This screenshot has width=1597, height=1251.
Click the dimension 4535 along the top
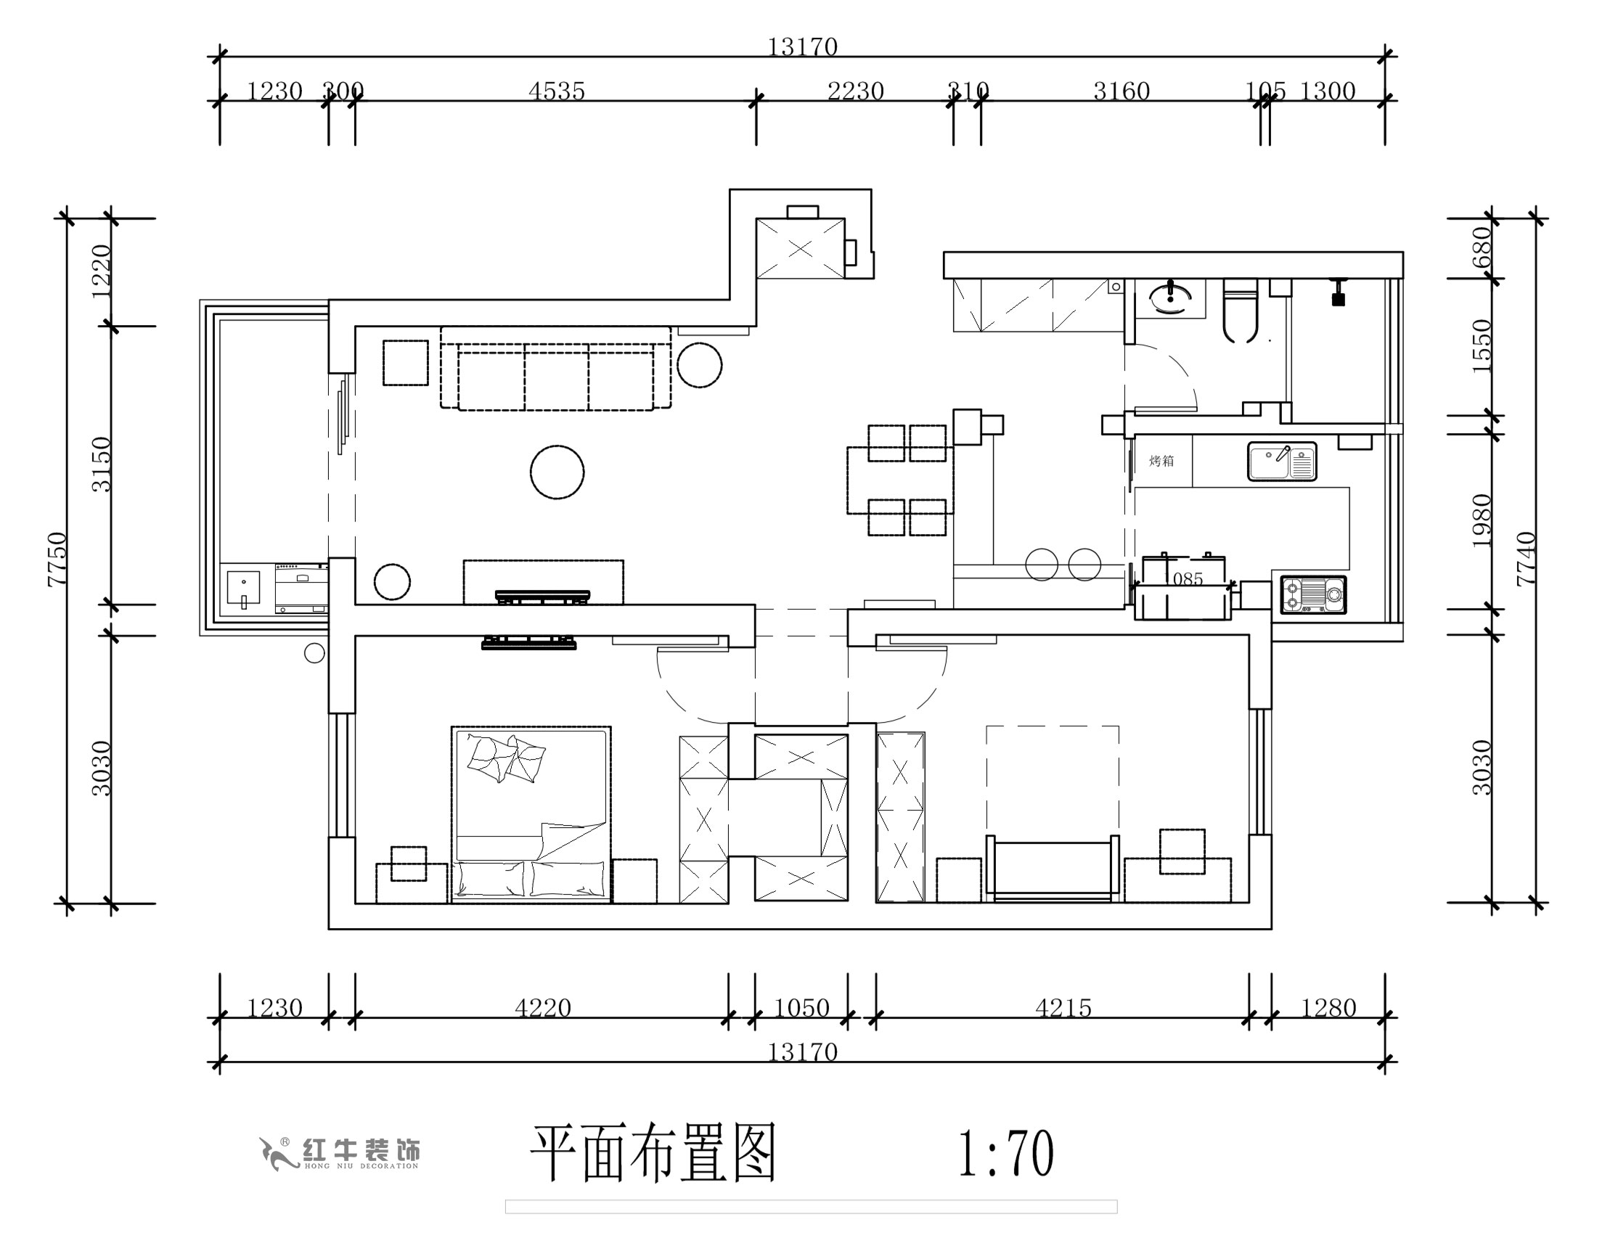(557, 91)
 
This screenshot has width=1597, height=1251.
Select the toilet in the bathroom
(1241, 311)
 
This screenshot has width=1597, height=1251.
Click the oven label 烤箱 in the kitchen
(1161, 461)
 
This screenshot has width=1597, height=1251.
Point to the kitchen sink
(1282, 462)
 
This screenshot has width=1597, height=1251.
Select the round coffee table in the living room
(557, 472)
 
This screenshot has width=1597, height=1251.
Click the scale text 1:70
(1006, 1154)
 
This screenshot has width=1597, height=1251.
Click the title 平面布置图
(652, 1154)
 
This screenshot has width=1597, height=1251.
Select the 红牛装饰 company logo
(340, 1154)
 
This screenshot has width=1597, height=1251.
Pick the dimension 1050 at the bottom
(801, 1009)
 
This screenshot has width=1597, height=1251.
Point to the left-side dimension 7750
(57, 559)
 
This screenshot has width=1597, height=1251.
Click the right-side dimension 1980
(1482, 521)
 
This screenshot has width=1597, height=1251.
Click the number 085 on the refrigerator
(1188, 579)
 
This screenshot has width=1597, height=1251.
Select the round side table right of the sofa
(700, 365)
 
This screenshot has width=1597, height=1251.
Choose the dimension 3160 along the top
(1122, 91)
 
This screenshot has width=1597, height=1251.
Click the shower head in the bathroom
(1338, 293)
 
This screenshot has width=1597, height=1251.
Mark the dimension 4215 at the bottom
(1063, 1009)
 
